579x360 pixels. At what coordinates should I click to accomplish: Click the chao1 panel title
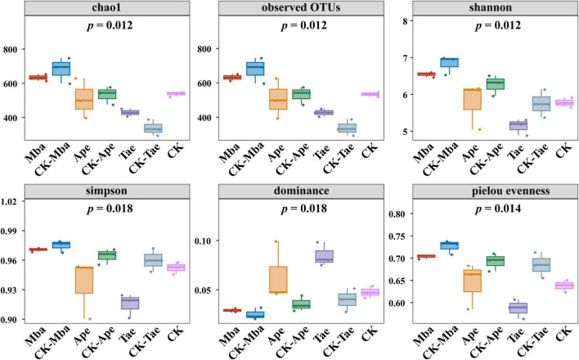(107, 7)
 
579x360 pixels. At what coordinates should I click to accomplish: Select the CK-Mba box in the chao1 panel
(61, 69)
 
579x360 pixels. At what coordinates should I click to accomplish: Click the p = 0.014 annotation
(498, 209)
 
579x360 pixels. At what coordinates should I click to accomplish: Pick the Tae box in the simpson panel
(130, 303)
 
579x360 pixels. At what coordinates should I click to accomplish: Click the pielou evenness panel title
(510, 191)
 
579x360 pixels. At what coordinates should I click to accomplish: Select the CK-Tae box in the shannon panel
(541, 103)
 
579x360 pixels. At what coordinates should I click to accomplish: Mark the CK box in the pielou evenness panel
(564, 286)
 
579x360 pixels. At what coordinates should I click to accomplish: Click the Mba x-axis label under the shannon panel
(424, 153)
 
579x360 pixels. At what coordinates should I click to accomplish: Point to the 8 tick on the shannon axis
(406, 21)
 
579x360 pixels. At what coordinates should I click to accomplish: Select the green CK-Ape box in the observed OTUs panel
(301, 94)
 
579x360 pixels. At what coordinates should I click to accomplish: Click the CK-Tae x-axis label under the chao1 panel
(145, 158)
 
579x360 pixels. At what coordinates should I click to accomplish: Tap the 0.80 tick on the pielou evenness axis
(398, 214)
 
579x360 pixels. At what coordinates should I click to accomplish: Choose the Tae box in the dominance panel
(324, 257)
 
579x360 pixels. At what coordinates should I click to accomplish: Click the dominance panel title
(301, 191)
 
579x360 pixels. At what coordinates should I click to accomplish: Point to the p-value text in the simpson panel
(110, 209)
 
